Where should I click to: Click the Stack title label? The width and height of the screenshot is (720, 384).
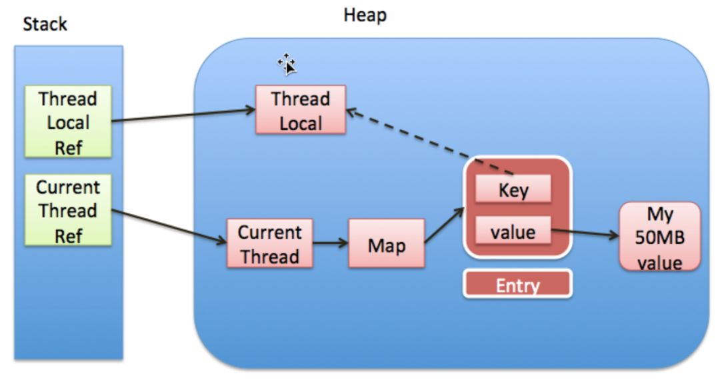click(45, 25)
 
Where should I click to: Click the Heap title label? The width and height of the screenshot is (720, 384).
click(365, 15)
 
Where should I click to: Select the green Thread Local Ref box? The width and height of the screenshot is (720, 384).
click(68, 123)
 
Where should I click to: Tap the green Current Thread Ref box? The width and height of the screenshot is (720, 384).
click(68, 210)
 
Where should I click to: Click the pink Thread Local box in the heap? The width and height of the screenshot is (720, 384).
click(300, 110)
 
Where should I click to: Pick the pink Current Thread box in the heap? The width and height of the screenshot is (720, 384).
click(269, 244)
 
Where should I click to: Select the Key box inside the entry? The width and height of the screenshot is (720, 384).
click(513, 190)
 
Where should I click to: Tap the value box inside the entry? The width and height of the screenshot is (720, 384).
click(513, 231)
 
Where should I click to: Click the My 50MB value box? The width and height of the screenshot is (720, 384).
click(659, 237)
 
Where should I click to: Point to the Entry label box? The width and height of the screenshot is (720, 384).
click(517, 285)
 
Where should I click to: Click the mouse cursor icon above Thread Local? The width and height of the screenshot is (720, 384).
click(287, 64)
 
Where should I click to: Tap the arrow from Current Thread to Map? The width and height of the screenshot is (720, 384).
click(331, 243)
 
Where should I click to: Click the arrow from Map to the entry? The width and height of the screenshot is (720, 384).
click(444, 227)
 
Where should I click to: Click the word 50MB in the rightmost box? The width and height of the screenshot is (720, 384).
click(659, 239)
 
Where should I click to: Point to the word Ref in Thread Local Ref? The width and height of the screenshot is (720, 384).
click(68, 147)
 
